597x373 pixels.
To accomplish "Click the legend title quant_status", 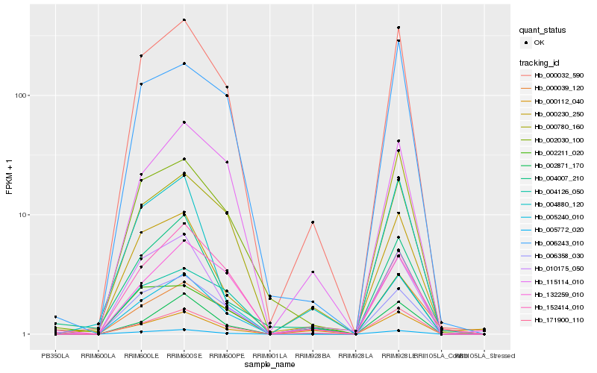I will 545,31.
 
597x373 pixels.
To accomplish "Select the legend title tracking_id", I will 541,62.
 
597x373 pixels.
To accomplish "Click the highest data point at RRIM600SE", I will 184,19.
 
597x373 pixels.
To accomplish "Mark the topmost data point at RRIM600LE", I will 141,56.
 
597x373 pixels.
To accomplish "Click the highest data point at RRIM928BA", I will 313,222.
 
